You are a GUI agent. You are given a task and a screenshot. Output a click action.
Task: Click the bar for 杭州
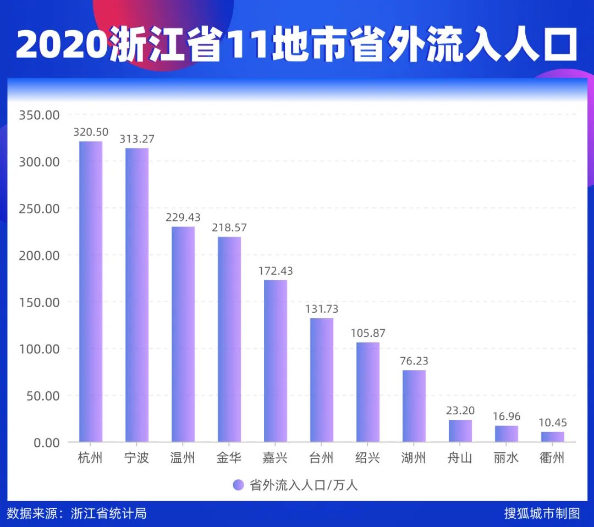click(x=91, y=291)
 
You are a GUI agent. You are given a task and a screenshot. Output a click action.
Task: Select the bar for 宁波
click(x=137, y=295)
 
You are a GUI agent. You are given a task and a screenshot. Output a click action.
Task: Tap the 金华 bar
click(x=229, y=339)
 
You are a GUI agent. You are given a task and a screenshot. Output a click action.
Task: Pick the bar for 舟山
click(x=460, y=431)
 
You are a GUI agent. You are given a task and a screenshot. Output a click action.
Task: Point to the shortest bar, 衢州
click(x=553, y=437)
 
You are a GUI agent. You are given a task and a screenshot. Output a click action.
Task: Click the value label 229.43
click(x=183, y=218)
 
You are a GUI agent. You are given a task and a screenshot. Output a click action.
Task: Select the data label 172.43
click(x=276, y=271)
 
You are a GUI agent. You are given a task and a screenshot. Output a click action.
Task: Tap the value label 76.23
click(x=414, y=361)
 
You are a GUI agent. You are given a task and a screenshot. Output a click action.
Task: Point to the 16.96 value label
click(x=507, y=417)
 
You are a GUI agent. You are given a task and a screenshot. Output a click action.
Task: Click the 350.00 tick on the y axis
click(x=38, y=115)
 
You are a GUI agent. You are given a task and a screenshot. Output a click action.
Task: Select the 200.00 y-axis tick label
click(x=38, y=256)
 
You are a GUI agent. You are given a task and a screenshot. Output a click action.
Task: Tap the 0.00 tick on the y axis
click(x=43, y=442)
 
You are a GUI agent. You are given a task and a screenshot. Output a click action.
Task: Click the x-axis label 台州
click(x=322, y=458)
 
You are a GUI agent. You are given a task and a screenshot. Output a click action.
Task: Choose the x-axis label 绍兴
click(x=368, y=458)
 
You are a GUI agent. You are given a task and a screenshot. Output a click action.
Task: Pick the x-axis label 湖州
click(x=414, y=458)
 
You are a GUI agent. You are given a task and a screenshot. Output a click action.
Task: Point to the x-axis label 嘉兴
click(x=276, y=458)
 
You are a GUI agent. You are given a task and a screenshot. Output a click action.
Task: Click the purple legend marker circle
click(x=238, y=485)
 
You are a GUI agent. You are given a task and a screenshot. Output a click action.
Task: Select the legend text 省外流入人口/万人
click(x=304, y=485)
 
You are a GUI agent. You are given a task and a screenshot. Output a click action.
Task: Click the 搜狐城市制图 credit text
click(x=542, y=513)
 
